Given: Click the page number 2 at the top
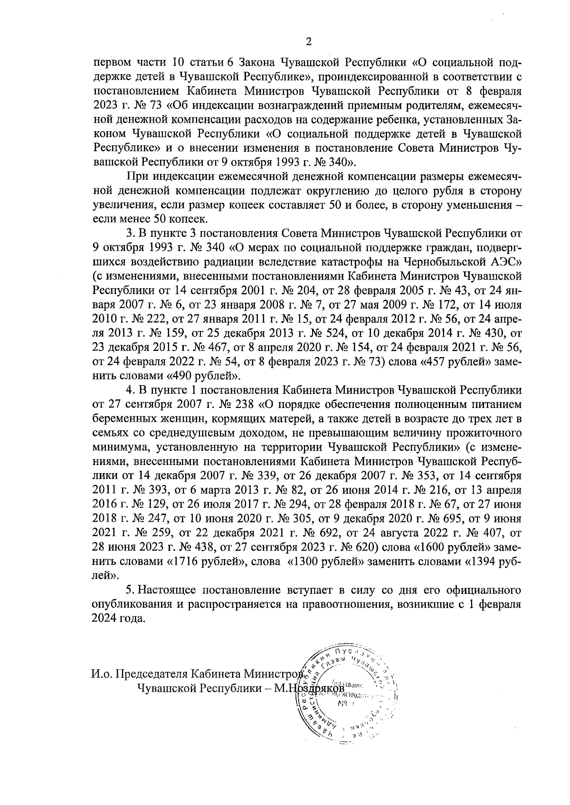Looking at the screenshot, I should (308, 42).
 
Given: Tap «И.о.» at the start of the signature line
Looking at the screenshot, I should (103, 675).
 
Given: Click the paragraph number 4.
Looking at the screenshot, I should (129, 390).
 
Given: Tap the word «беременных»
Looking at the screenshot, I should (120, 419).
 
